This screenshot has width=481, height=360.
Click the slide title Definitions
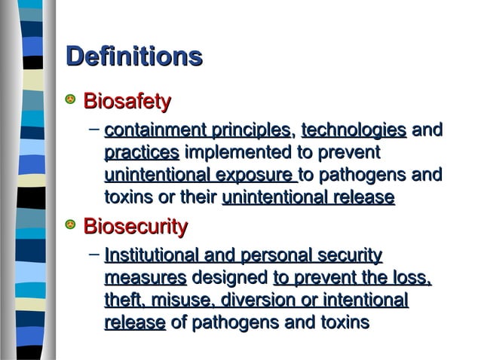(x=134, y=57)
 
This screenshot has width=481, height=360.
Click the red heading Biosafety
(x=127, y=101)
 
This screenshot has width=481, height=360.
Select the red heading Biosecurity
(x=135, y=226)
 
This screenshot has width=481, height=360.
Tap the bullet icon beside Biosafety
(x=71, y=100)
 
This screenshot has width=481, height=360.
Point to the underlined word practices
(x=141, y=154)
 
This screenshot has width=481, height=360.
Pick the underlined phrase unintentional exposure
(x=200, y=176)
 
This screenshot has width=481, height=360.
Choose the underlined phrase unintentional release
(x=308, y=199)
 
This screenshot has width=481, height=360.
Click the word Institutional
(x=157, y=255)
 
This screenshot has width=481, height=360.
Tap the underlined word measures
(x=145, y=278)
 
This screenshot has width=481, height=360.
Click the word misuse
(x=178, y=301)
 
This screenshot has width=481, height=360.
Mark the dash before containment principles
(x=93, y=130)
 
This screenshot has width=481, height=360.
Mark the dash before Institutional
(x=93, y=255)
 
